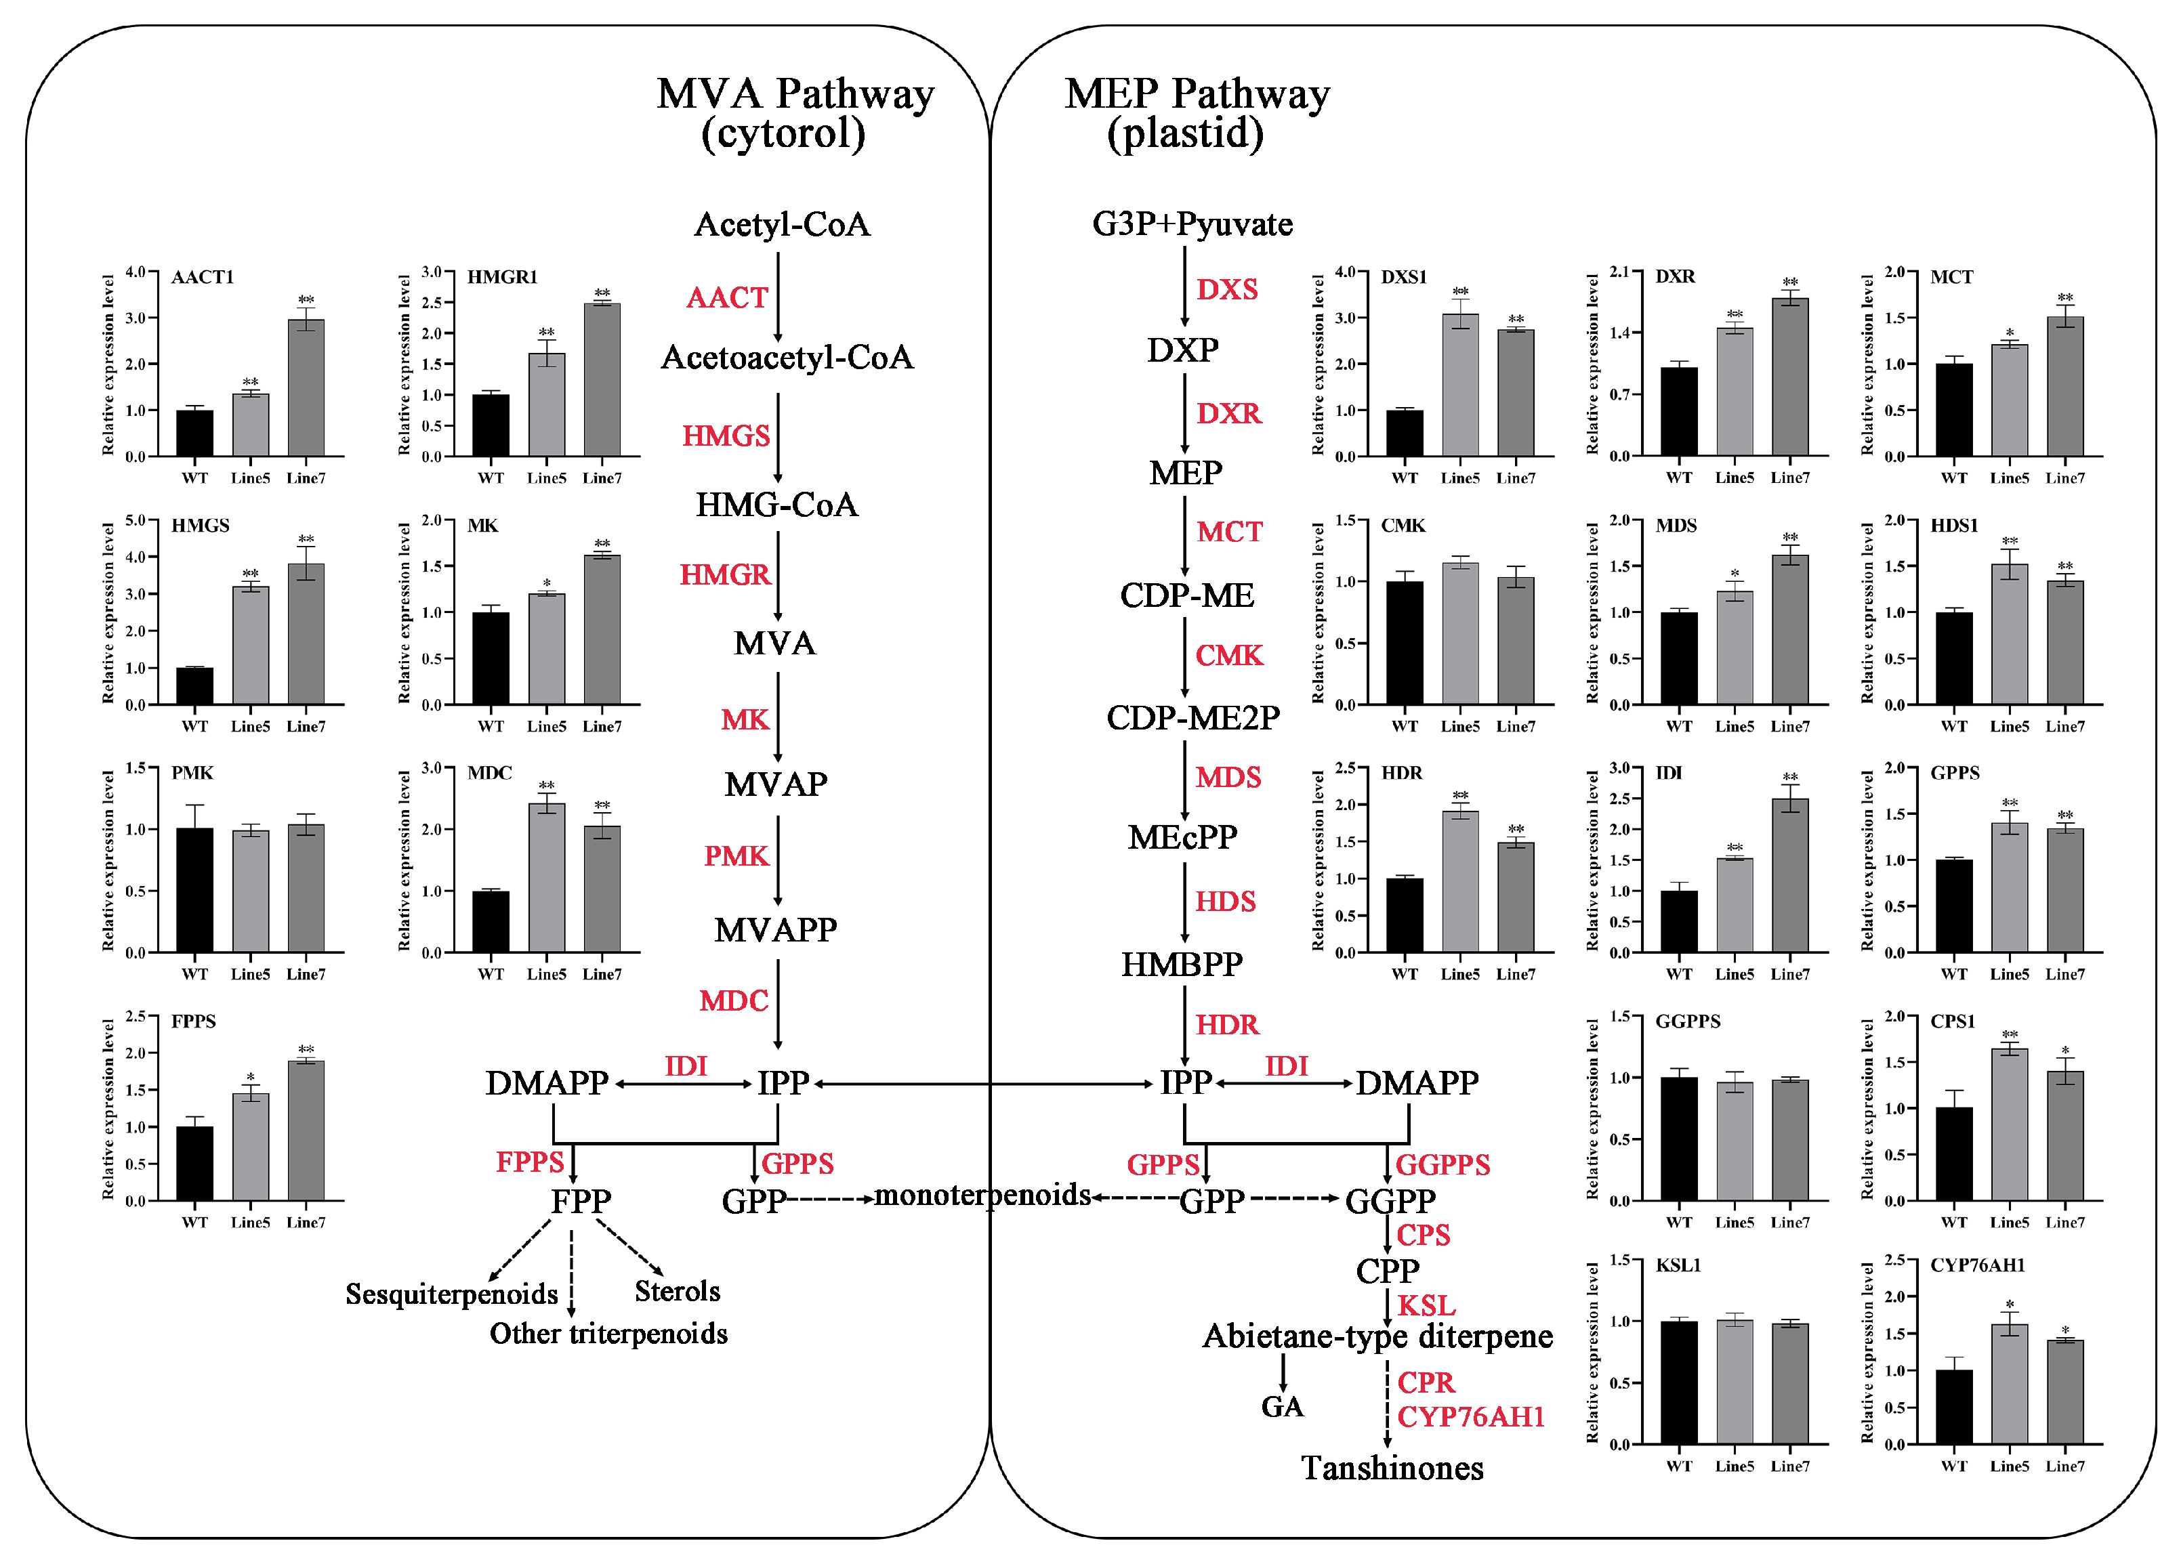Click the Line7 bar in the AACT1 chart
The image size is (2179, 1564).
[x=306, y=388]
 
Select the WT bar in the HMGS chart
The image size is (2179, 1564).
[x=195, y=686]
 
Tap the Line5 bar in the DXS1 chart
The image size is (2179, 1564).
[x=1459, y=385]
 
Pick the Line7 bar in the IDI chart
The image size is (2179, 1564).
[x=1790, y=875]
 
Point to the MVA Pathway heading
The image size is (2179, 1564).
[x=795, y=94]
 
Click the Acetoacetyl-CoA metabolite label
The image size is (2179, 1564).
[x=787, y=358]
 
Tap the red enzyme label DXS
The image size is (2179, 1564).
[x=1227, y=289]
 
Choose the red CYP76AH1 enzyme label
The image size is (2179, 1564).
[x=1470, y=1417]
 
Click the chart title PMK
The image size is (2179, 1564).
[x=192, y=774]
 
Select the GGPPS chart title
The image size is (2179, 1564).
[x=1687, y=1021]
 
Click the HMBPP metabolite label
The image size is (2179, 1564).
[x=1182, y=965]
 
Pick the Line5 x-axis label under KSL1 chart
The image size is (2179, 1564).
[x=1734, y=1466]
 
